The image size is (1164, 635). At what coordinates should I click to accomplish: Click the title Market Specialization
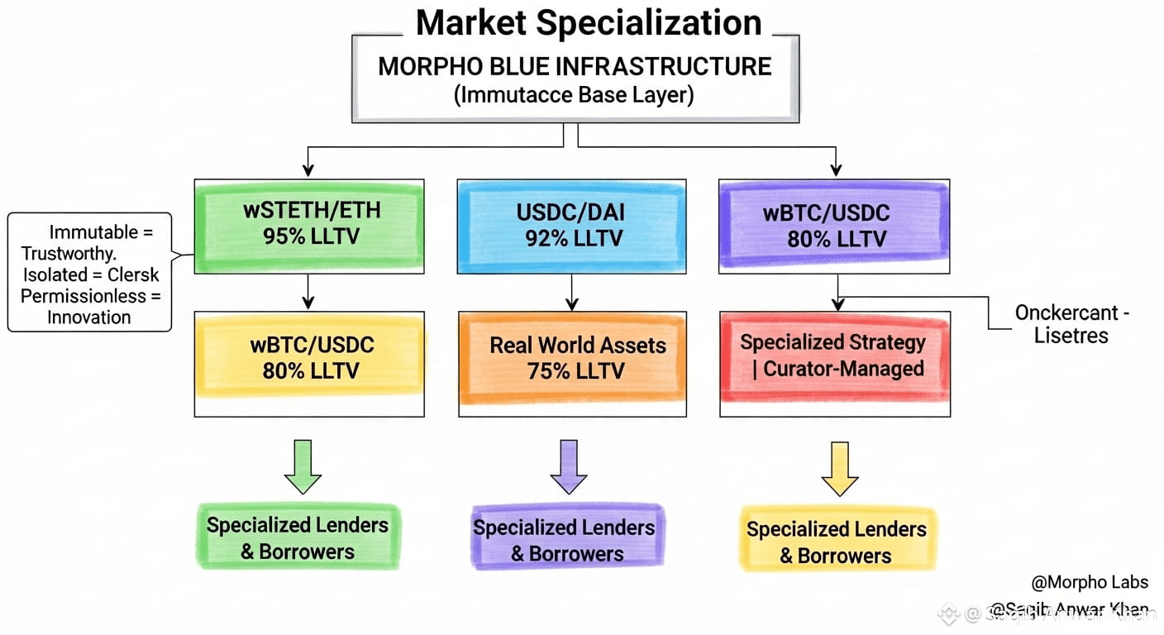tap(588, 22)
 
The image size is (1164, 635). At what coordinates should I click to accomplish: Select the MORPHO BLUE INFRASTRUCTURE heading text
tap(575, 66)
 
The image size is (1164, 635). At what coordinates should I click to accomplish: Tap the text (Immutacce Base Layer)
tap(575, 95)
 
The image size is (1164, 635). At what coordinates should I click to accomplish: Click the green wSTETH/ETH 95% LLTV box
tap(311, 223)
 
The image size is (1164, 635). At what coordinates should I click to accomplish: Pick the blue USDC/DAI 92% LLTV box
tap(571, 225)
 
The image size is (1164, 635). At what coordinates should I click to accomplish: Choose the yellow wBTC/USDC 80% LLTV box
tap(311, 357)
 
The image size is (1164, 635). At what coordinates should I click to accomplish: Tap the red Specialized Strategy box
tap(832, 356)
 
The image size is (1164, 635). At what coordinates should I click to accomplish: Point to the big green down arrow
tap(302, 466)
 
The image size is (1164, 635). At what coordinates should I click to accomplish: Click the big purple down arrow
tap(568, 466)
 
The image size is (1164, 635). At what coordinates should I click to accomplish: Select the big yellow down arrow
tap(839, 468)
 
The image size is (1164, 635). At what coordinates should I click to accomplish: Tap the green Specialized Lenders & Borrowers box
tap(298, 538)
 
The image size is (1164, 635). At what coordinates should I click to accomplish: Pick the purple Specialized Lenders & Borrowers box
tap(565, 540)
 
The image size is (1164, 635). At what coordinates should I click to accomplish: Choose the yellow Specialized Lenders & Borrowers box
tap(836, 542)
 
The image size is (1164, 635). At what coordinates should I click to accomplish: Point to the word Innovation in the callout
tap(88, 317)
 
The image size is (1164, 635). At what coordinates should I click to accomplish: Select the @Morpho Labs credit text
tap(1090, 582)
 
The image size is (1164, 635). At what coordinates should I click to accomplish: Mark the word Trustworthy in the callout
tap(69, 253)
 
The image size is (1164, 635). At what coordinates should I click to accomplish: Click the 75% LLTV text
tap(575, 371)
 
